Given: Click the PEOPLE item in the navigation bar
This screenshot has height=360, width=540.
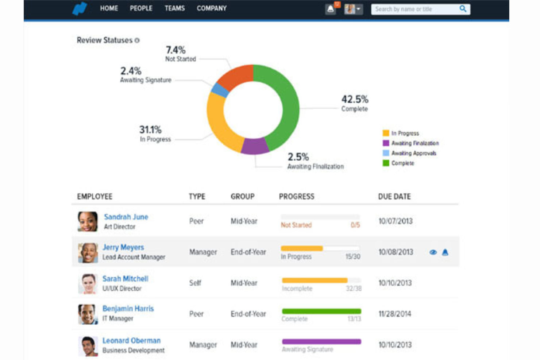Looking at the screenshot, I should pyautogui.click(x=141, y=8).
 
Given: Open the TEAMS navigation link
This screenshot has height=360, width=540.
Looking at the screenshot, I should pyautogui.click(x=174, y=8).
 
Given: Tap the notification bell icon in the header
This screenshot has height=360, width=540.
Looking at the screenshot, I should pyautogui.click(x=331, y=9).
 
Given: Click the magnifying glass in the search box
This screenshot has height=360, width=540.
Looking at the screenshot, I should pyautogui.click(x=463, y=9).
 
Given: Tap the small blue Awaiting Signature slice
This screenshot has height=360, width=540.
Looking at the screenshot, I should pyautogui.click(x=220, y=90).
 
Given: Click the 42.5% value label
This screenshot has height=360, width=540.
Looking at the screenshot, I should pyautogui.click(x=355, y=99).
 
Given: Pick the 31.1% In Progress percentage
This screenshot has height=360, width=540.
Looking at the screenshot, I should pyautogui.click(x=150, y=129).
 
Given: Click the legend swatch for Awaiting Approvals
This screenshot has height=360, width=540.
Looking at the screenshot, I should pyautogui.click(x=386, y=153).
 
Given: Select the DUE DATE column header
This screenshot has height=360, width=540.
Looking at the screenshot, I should pyautogui.click(x=394, y=197).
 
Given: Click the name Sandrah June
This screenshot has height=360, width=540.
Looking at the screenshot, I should pyautogui.click(x=126, y=217).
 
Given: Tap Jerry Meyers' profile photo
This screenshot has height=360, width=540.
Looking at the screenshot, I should pyautogui.click(x=88, y=252).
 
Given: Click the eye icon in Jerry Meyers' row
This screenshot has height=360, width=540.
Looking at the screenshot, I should pyautogui.click(x=433, y=252).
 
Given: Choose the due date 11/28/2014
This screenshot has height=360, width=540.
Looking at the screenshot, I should pyautogui.click(x=395, y=314).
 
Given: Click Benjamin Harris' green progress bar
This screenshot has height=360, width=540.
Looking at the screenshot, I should pyautogui.click(x=321, y=311).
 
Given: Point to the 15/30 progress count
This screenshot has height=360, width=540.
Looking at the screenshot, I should pyautogui.click(x=352, y=257).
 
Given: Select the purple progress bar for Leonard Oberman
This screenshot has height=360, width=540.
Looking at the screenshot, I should pyautogui.click(x=321, y=342).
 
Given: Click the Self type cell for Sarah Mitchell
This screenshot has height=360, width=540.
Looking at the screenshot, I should pyautogui.click(x=195, y=283).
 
